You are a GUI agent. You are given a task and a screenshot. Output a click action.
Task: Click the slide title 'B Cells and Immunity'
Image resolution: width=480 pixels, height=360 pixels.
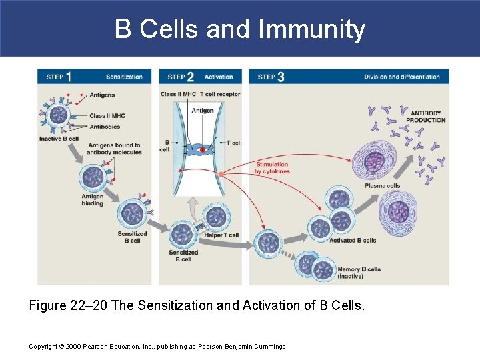pyautogui.click(x=240, y=30)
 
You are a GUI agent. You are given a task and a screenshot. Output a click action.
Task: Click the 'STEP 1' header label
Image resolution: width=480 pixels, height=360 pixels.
pyautogui.click(x=59, y=77)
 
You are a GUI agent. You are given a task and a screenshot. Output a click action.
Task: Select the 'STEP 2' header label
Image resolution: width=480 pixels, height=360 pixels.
pyautogui.click(x=181, y=77)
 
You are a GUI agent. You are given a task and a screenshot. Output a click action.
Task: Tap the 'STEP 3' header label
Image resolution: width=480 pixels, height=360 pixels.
pyautogui.click(x=271, y=77)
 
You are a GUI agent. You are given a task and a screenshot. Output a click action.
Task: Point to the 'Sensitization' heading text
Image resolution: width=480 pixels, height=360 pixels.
pyautogui.click(x=124, y=77)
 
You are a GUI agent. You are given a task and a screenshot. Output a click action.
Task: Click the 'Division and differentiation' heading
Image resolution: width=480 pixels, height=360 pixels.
pyautogui.click(x=401, y=77)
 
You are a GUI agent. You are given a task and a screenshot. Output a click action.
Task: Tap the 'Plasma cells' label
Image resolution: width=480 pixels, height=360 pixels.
pyautogui.click(x=382, y=186)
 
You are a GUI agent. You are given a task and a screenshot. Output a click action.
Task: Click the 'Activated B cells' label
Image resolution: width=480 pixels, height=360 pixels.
pyautogui.click(x=353, y=241)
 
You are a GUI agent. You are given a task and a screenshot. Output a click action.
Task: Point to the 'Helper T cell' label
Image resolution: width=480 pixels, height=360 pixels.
pyautogui.click(x=222, y=235)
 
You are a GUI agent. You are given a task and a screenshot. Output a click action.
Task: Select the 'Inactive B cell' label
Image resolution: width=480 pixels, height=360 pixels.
pyautogui.click(x=59, y=139)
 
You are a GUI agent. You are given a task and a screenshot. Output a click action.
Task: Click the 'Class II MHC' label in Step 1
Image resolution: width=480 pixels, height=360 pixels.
pyautogui.click(x=107, y=116)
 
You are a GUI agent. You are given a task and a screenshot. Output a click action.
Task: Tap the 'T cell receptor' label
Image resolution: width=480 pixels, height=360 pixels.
pyautogui.click(x=220, y=95)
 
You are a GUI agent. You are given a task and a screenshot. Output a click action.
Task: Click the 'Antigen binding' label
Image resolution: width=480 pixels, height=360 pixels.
pyautogui.click(x=92, y=200)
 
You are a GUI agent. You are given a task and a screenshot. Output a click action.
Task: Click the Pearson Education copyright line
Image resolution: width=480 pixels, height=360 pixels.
pyautogui.click(x=157, y=346)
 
